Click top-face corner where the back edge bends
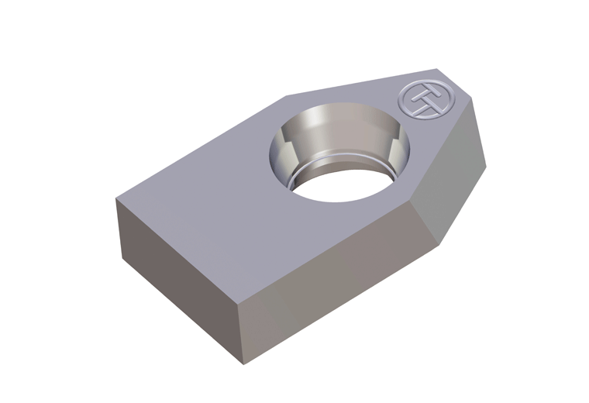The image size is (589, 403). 285,96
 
